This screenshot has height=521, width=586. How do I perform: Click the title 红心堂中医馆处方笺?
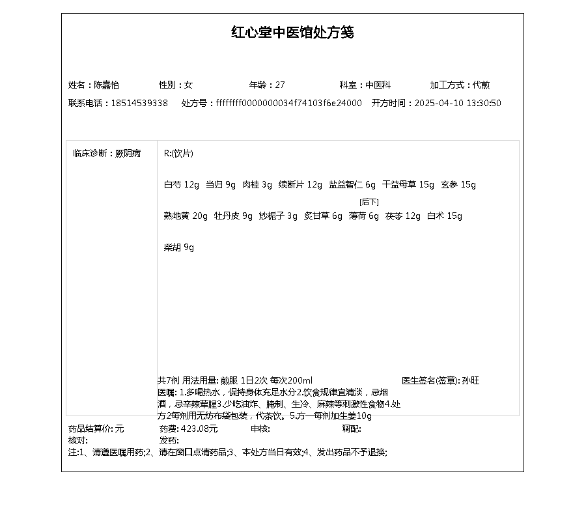[x=292, y=33]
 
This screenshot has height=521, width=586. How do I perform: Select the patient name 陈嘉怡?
[x=107, y=85]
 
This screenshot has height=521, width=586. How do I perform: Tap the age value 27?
[x=281, y=85]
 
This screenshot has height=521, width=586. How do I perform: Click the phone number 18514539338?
[x=139, y=103]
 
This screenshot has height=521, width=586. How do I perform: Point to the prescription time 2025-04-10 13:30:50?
[x=458, y=103]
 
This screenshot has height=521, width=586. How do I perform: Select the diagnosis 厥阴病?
[x=128, y=154]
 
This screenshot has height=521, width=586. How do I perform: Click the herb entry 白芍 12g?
[x=182, y=185]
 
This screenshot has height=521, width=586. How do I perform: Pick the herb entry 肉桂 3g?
[x=257, y=185]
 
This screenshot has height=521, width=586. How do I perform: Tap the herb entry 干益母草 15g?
[x=408, y=185]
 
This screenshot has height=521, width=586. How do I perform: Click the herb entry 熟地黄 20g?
[x=186, y=216]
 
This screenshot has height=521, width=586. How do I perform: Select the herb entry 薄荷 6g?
[x=364, y=216]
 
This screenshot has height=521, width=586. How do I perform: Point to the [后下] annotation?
[x=369, y=202]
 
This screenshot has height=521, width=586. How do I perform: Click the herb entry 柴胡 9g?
[x=179, y=247]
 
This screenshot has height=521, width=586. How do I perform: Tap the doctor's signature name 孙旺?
[x=471, y=380]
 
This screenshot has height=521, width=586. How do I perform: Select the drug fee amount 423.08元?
[x=199, y=429]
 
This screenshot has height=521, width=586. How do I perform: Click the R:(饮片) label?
[x=178, y=154]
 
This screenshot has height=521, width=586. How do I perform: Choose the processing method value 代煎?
[x=482, y=85]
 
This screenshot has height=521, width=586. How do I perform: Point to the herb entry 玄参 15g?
[x=458, y=185]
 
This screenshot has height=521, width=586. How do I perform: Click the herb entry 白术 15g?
[x=445, y=216]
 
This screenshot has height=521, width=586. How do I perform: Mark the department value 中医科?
[x=378, y=85]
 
